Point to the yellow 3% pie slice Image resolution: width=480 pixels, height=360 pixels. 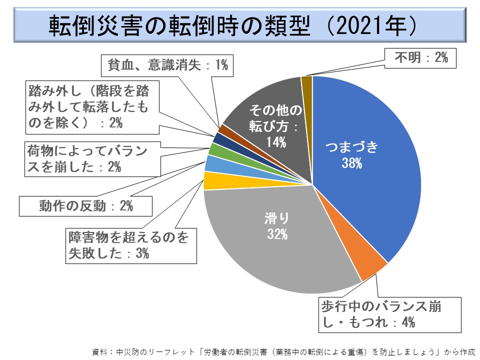point(210,180)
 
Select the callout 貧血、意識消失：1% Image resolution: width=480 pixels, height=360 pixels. point(168,65)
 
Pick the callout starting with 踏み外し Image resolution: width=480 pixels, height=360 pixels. point(92,107)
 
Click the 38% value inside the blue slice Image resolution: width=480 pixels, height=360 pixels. point(351,163)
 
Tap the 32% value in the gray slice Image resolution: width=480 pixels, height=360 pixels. point(277,233)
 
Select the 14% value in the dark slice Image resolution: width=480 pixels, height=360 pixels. point(275,142)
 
